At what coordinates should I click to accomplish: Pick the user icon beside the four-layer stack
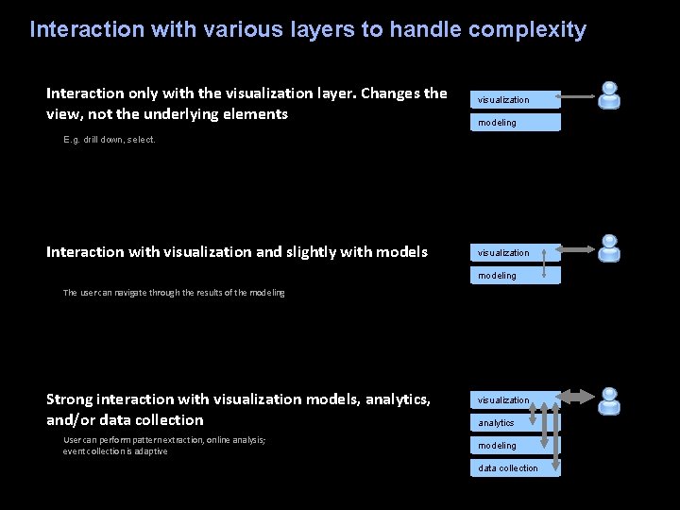[x=610, y=400]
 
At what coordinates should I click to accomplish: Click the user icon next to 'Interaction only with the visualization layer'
[x=610, y=94]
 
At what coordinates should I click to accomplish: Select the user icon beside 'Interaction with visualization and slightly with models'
[x=610, y=248]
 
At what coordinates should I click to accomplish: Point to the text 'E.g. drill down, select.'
[x=110, y=140]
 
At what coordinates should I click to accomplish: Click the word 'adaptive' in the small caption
[x=151, y=451]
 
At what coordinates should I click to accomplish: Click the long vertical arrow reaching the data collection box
[x=556, y=434]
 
